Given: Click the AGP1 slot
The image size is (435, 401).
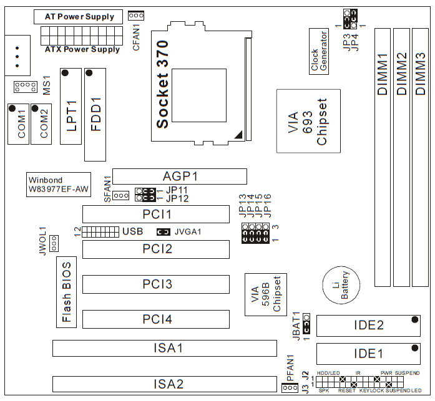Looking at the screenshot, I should [x=180, y=176].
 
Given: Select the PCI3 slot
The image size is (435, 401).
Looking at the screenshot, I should [x=155, y=284].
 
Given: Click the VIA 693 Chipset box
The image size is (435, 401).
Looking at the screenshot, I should [x=308, y=121].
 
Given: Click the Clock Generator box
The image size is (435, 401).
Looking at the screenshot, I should [x=320, y=51].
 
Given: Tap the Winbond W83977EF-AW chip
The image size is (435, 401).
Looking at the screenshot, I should [x=57, y=184].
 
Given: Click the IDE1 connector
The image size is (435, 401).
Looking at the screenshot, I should [x=368, y=354].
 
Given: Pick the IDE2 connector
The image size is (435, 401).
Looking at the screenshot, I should [x=368, y=326].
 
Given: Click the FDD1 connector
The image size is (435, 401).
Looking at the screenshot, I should [x=95, y=115].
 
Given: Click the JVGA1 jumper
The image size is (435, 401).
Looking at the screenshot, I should [x=163, y=232].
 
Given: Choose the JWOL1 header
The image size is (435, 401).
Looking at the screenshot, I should [x=54, y=242].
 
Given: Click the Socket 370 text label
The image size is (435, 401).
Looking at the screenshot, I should [x=162, y=84].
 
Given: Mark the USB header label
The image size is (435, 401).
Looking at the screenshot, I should [x=132, y=232].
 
